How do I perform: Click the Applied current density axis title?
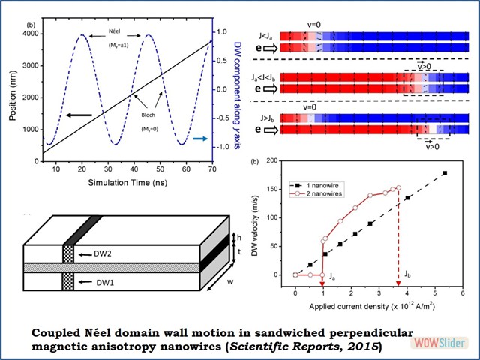click(373, 307)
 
